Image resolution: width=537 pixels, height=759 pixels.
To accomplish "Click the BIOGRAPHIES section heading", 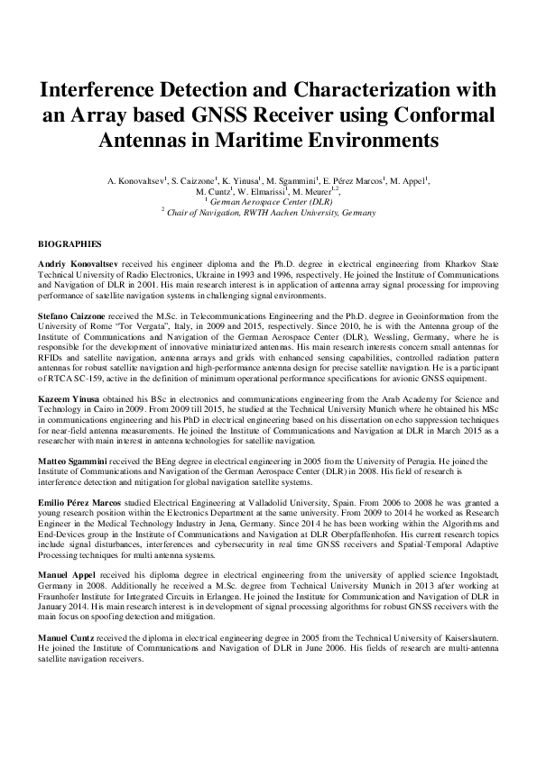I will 69,244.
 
